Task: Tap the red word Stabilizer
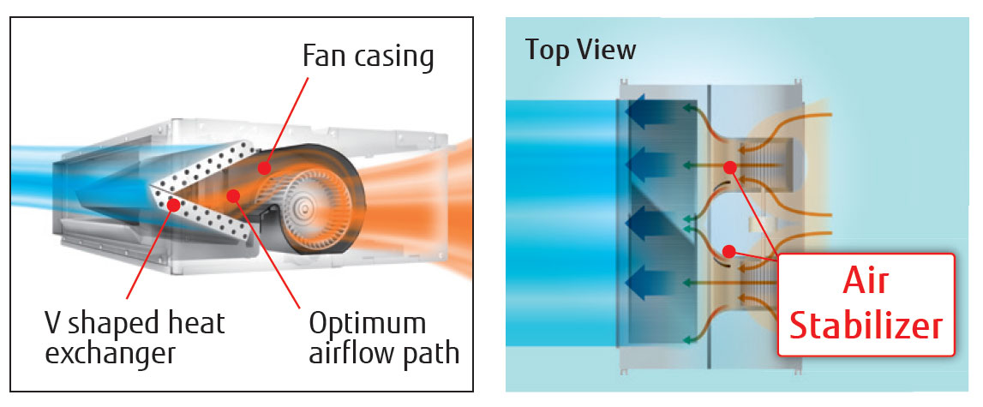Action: pyautogui.click(x=866, y=326)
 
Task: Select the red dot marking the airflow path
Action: pyautogui.click(x=232, y=196)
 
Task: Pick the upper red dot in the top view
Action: pyautogui.click(x=729, y=167)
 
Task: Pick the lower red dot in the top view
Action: pyautogui.click(x=728, y=251)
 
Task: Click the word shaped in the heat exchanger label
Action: pyautogui.click(x=111, y=325)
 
